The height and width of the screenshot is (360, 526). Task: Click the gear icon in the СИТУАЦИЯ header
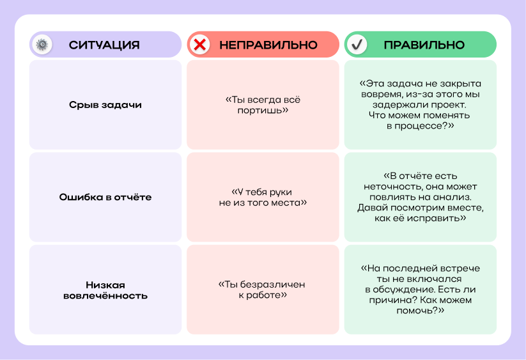coord(42,45)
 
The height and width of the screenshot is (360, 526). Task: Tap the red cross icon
coord(200,45)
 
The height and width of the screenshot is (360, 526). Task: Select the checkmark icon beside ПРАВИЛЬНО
coord(357,45)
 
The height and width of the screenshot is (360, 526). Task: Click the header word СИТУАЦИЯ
coord(104,45)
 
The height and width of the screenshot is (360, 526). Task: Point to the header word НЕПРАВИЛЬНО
coord(268,45)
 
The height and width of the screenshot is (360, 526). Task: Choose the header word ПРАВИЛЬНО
coord(424,45)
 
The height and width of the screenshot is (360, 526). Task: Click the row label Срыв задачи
coord(105,105)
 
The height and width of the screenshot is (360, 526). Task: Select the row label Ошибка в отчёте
coord(105,197)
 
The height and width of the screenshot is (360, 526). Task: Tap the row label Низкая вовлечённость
coord(105,290)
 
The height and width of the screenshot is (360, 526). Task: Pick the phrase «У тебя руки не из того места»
coord(263,198)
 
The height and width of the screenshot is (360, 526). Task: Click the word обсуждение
coord(400,290)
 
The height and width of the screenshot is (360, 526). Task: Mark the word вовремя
coord(381,95)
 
